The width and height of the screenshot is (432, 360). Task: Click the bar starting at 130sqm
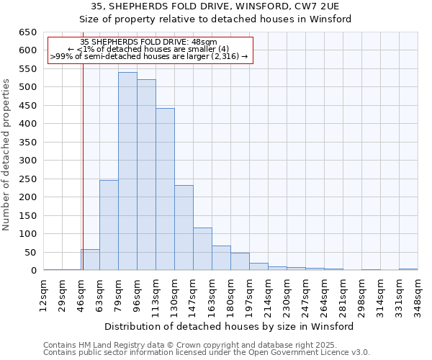tap(184, 228)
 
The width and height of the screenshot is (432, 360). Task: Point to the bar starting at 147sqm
tap(202, 249)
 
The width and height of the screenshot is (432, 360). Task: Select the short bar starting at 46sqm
tap(90, 260)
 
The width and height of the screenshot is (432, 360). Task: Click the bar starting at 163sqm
tap(221, 258)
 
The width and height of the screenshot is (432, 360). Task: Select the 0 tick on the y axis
tap(33, 271)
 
